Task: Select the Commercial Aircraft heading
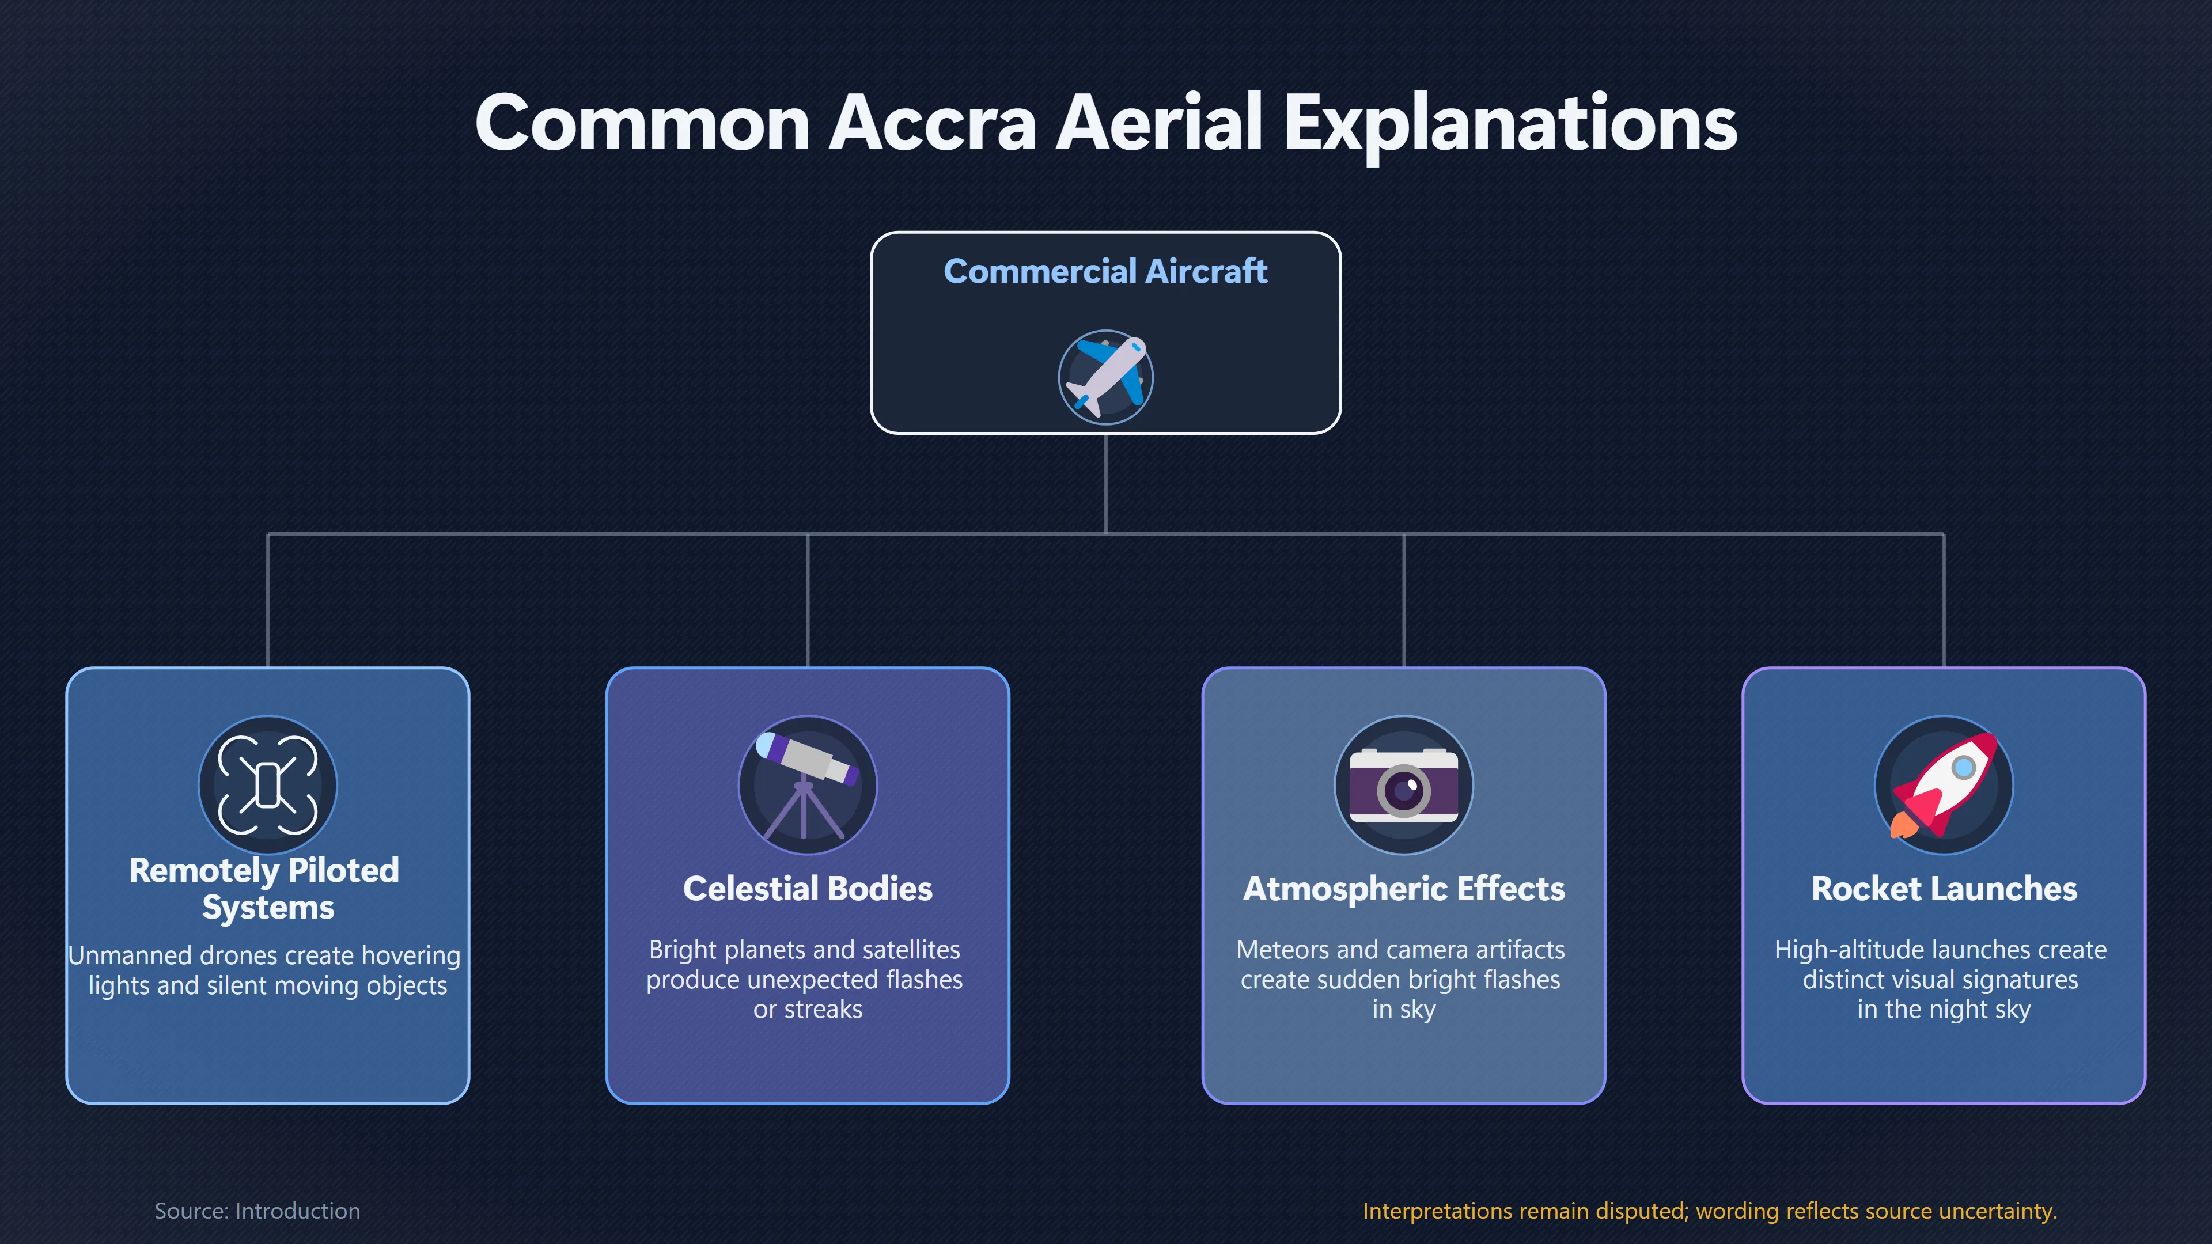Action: pyautogui.click(x=1105, y=271)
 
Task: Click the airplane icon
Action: pyautogui.click(x=1106, y=377)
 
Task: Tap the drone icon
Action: pyautogui.click(x=268, y=784)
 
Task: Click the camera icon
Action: pyautogui.click(x=1404, y=784)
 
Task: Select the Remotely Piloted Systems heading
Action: pyautogui.click(x=264, y=889)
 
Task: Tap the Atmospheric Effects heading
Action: pyautogui.click(x=1404, y=889)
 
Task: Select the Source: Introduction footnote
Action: pyautogui.click(x=257, y=1211)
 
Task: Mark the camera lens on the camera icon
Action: pyautogui.click(x=1404, y=789)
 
